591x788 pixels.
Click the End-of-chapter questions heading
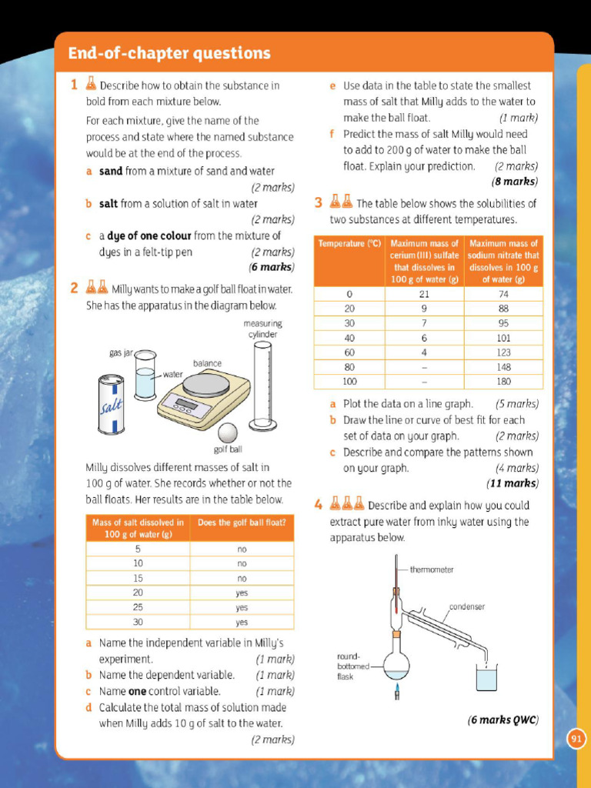tap(169, 53)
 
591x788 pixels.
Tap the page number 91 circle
tap(576, 740)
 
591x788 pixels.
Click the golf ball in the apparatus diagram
tap(228, 433)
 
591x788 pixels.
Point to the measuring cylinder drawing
tap(262, 386)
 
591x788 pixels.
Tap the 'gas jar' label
tap(121, 352)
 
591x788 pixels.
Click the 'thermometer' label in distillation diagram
tap(431, 570)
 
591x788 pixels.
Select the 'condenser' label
tap(467, 606)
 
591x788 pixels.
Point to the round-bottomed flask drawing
tap(396, 664)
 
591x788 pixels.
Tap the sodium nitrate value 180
tap(503, 381)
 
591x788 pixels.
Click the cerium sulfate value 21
tap(424, 294)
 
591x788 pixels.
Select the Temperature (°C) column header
tap(350, 244)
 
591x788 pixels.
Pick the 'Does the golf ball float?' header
tap(242, 523)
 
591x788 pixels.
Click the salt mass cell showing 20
tap(138, 593)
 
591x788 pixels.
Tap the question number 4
tap(318, 506)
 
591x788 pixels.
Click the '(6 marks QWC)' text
tap(503, 720)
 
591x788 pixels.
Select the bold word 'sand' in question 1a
tap(111, 171)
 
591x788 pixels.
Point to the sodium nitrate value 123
tap(503, 352)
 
